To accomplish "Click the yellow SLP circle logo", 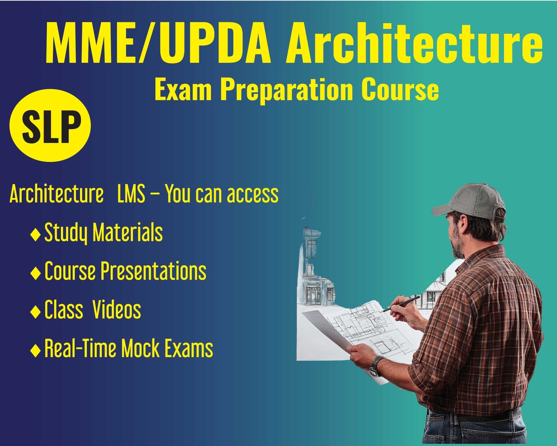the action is (x=50, y=125).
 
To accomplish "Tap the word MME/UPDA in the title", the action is (x=158, y=43).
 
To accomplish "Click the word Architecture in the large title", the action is (x=414, y=43).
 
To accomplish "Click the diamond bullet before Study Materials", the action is (x=35, y=235).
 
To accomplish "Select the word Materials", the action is (x=128, y=232).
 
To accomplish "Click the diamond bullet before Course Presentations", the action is (x=35, y=274).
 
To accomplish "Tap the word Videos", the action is (x=117, y=309).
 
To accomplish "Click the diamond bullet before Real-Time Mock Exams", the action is (x=35, y=351).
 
